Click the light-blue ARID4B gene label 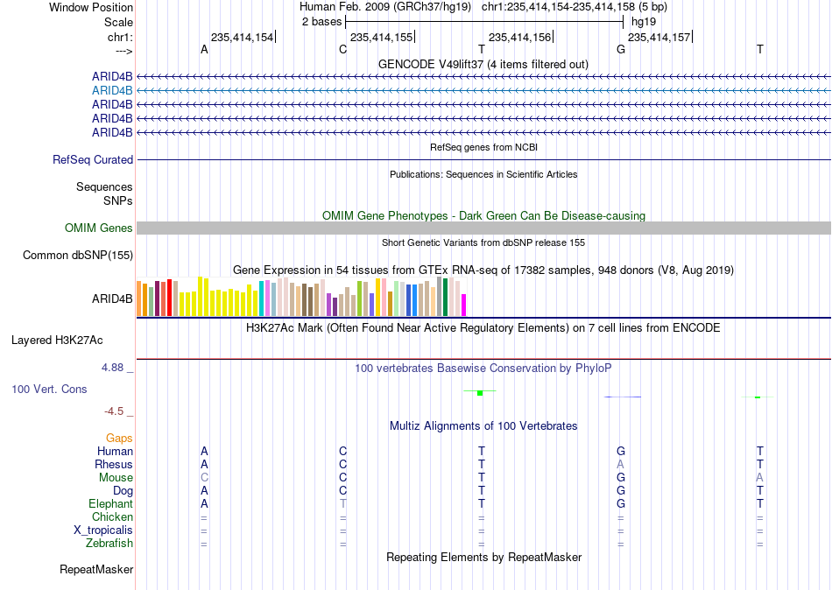[112, 91]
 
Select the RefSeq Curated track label [93, 159]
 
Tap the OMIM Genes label [99, 228]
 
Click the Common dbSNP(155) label [78, 256]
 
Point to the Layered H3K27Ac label [57, 341]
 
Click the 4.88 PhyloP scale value [112, 367]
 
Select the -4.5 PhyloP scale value [114, 411]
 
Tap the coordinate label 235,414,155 [381, 37]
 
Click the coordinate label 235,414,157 [659, 37]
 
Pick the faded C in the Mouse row [204, 478]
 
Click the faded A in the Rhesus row [620, 464]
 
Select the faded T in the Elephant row [342, 503]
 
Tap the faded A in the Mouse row [760, 478]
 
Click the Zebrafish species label [109, 544]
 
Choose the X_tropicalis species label [103, 530]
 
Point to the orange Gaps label [119, 439]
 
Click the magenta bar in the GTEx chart [464, 306]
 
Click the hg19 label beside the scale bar [644, 22]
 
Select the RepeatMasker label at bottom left [96, 569]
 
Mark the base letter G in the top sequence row [621, 49]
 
